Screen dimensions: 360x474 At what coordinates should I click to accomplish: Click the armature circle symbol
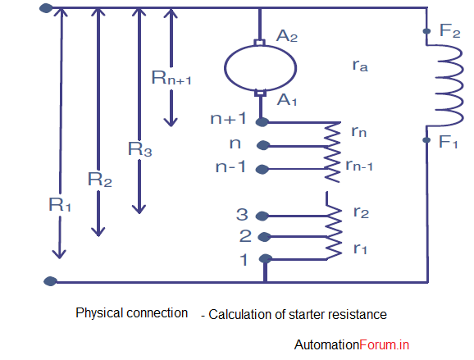(260, 66)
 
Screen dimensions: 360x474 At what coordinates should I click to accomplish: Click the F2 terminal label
(449, 31)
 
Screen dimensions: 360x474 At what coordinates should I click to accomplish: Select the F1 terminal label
(449, 143)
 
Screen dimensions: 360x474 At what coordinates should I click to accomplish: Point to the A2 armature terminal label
(286, 36)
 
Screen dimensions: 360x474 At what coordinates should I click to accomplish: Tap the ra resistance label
(358, 68)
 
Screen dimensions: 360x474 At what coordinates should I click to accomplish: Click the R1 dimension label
(61, 205)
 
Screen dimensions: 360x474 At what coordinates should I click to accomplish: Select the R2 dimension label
(99, 177)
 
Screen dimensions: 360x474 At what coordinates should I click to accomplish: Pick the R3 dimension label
(139, 149)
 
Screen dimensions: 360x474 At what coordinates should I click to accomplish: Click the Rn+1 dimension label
(171, 78)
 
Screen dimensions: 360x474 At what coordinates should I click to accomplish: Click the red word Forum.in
(384, 345)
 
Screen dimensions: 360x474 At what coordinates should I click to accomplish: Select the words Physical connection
(131, 313)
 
